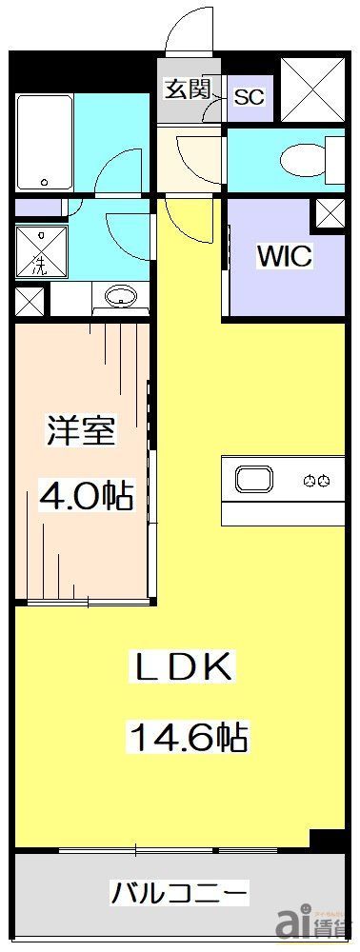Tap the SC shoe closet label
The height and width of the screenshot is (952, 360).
tap(248, 96)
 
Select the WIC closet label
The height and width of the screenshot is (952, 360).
tap(283, 256)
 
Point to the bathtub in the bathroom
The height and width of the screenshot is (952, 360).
tap(45, 140)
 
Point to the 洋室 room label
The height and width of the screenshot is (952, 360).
tap(81, 432)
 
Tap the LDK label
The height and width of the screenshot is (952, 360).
tap(180, 667)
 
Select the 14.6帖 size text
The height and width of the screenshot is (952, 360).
tap(186, 736)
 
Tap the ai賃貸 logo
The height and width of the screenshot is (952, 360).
tap(312, 922)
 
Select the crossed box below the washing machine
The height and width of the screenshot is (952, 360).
tap(29, 302)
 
